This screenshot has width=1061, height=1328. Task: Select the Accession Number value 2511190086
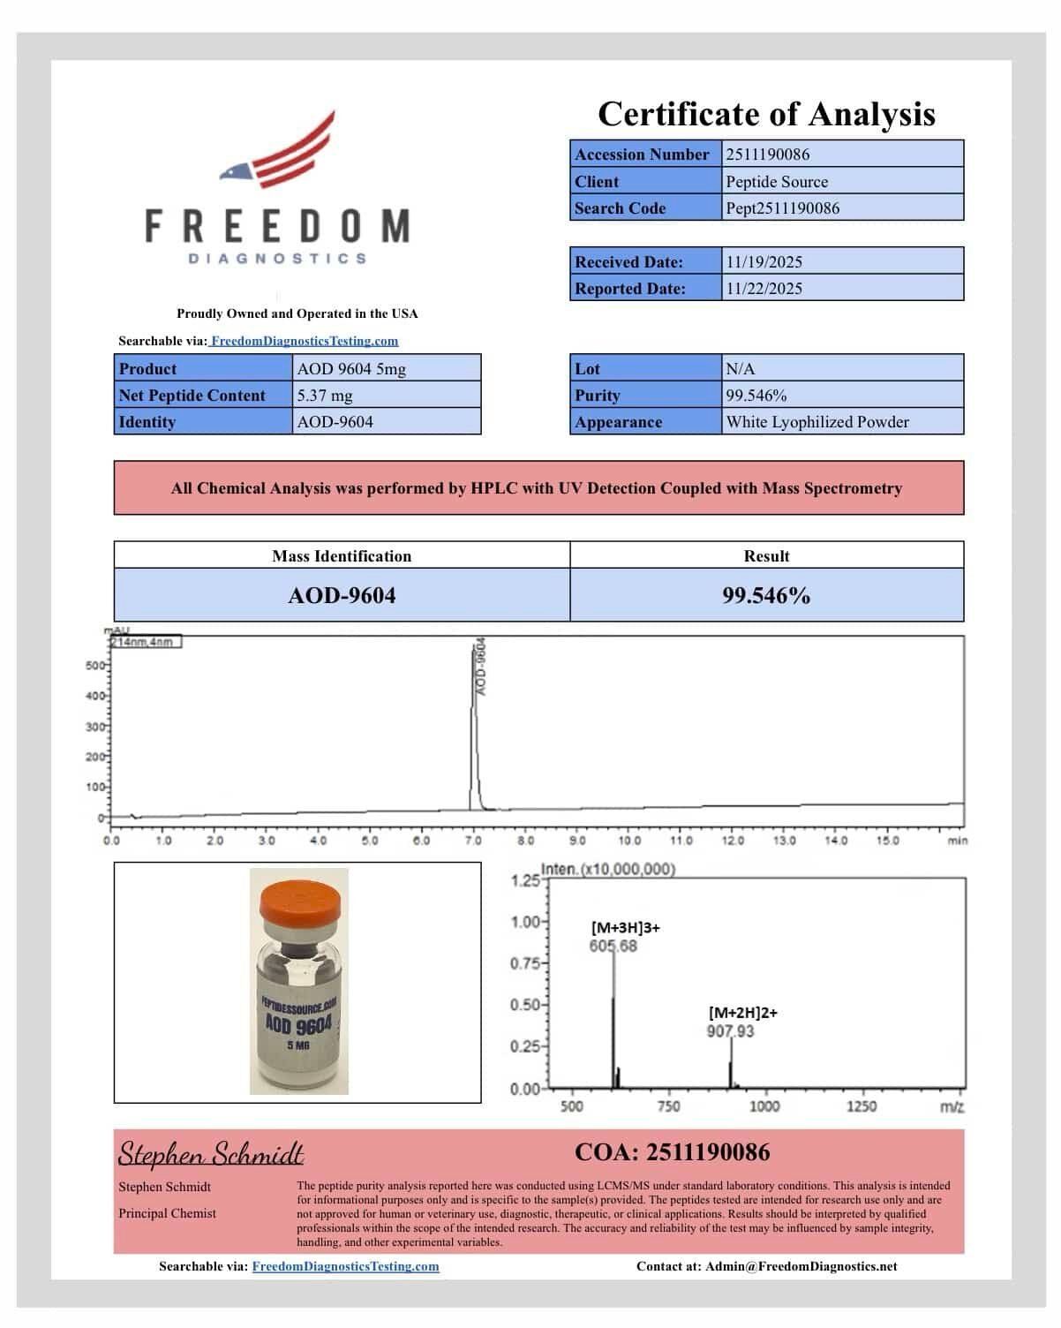coord(767,155)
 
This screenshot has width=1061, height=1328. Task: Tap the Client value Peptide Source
coord(777,182)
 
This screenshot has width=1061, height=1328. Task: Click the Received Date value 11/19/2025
coord(764,262)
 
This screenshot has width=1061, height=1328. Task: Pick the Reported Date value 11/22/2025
coord(764,289)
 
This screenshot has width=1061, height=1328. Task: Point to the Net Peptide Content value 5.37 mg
coord(324,396)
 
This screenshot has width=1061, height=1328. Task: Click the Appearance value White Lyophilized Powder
coord(816,422)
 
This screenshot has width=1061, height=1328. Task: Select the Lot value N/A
coord(740,369)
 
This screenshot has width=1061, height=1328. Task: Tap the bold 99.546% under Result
coord(766,596)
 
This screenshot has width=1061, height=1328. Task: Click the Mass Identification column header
coord(342,556)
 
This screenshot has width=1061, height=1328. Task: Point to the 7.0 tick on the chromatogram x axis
coord(473,841)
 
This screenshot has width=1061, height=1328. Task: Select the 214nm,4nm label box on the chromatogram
coord(145,642)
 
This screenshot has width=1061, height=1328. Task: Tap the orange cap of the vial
coord(299,901)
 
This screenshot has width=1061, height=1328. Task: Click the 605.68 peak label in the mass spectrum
coord(613,947)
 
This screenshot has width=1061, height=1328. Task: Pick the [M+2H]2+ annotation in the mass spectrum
coord(742,1013)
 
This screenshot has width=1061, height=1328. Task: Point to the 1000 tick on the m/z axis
coord(764,1106)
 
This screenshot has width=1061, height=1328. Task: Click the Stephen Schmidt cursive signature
coord(211,1154)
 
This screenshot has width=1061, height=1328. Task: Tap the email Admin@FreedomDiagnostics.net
coord(801,1266)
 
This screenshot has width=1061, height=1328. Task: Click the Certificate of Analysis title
coord(766,115)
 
